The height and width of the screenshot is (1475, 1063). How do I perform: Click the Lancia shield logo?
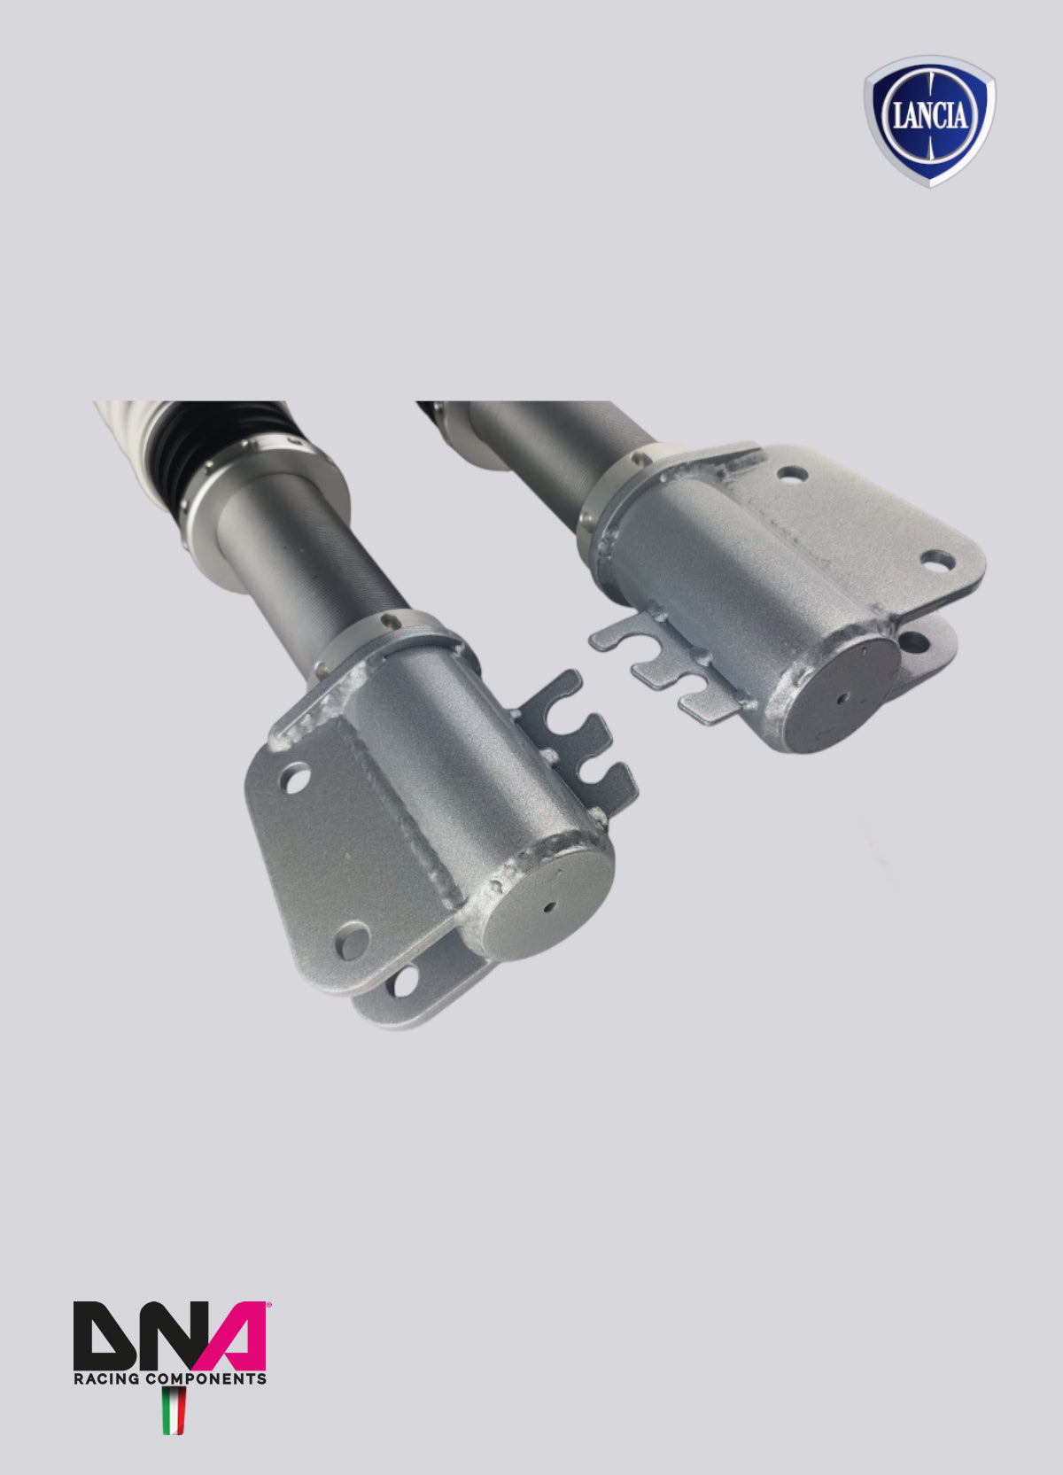pos(929,121)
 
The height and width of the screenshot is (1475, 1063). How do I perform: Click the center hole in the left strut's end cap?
pos(548,907)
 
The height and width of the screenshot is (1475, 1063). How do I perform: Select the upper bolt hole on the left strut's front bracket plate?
pos(295,778)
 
